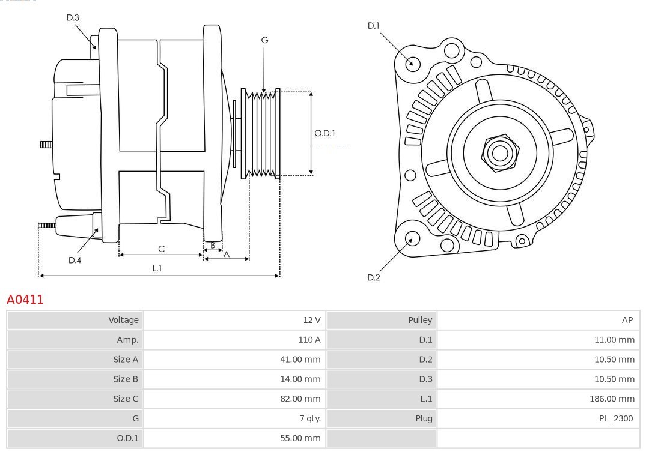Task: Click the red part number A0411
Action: tap(25, 299)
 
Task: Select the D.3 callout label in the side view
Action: tap(73, 17)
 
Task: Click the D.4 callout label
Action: tap(75, 260)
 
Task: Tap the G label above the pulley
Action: tap(264, 40)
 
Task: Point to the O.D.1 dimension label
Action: tap(324, 133)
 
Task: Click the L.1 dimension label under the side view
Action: tap(157, 268)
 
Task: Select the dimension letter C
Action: tap(161, 249)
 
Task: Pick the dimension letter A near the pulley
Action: tap(227, 254)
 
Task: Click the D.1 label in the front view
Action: tap(373, 25)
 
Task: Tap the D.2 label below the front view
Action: tap(373, 277)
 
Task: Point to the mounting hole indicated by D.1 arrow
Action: tap(412, 63)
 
